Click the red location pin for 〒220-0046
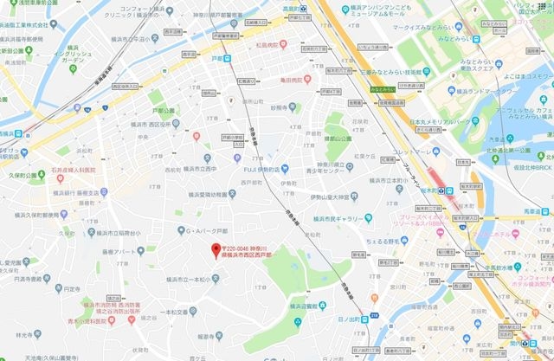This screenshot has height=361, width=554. click(215, 251)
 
